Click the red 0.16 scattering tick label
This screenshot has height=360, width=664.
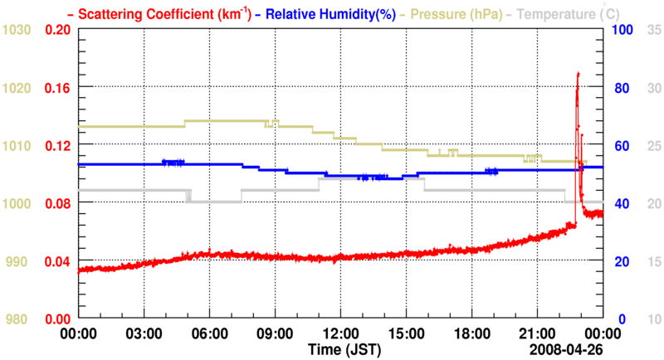56,87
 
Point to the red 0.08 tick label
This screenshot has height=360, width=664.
56,203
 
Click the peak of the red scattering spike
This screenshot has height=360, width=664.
578,74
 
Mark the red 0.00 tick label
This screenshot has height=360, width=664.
56,319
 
